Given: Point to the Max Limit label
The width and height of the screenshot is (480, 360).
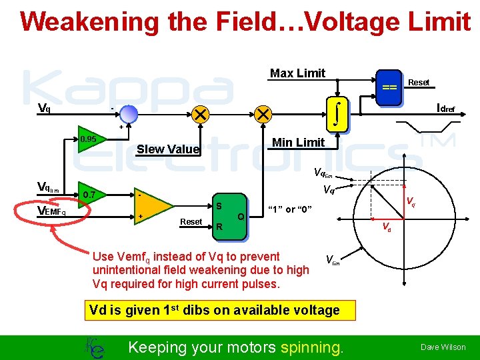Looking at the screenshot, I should pyautogui.click(x=297, y=73).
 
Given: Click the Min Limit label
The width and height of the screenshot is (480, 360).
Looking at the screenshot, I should pyautogui.click(x=298, y=142).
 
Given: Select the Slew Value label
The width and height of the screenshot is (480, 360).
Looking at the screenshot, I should pyautogui.click(x=167, y=149).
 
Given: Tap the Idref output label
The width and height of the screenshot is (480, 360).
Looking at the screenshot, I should pyautogui.click(x=445, y=108).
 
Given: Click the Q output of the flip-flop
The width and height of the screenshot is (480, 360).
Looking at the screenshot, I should pyautogui.click(x=241, y=216).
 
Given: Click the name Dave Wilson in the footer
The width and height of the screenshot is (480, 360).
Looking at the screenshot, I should pyautogui.click(x=443, y=347).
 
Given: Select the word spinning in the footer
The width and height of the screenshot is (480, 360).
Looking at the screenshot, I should pyautogui.click(x=311, y=347).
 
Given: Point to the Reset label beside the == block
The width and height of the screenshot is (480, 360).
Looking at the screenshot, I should pyautogui.click(x=419, y=83).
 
